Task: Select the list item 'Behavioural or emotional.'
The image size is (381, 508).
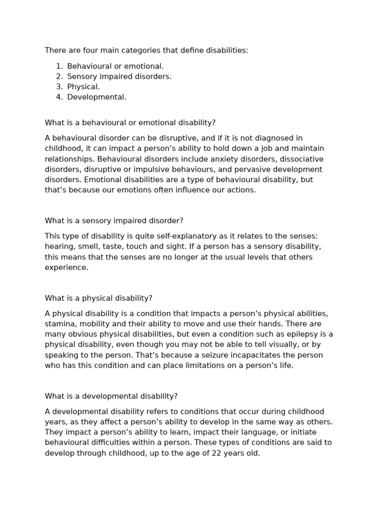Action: tap(115, 66)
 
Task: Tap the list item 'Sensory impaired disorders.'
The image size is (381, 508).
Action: tap(119, 76)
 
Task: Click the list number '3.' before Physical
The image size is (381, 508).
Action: tap(60, 87)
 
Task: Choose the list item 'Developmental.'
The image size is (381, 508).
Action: tap(97, 97)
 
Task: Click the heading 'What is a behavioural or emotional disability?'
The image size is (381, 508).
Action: tap(130, 123)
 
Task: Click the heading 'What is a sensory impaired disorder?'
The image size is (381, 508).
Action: tap(114, 221)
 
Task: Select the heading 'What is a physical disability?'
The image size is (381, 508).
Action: tap(98, 298)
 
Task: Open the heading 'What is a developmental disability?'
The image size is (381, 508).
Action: tap(111, 396)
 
